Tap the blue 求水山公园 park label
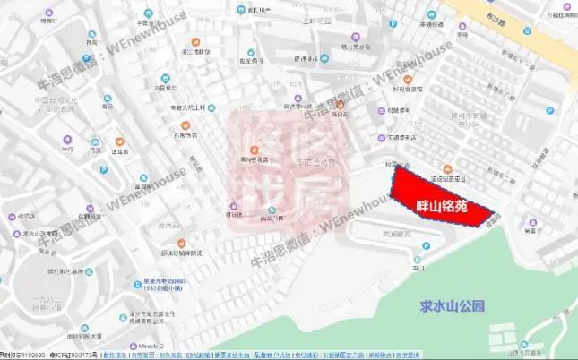[x=453, y=305]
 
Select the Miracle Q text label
[x=147, y=345]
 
